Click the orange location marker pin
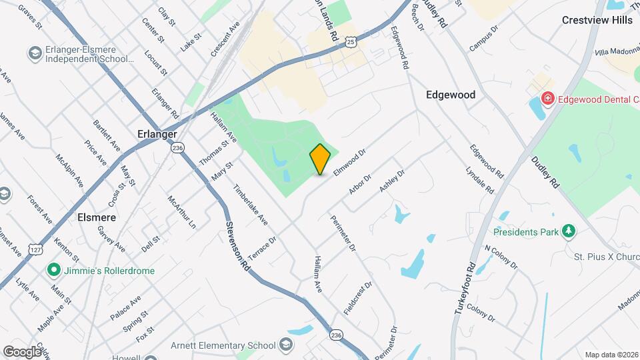[320, 159]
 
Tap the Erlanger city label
[158, 133]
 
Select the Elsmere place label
[97, 217]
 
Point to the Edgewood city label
[451, 95]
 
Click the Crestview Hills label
[597, 20]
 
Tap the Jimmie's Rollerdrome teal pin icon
[53, 271]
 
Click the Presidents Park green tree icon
[569, 231]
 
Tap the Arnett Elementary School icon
[286, 345]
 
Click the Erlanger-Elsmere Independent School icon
[33, 52]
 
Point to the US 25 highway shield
[351, 42]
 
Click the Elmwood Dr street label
[351, 162]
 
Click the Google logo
[23, 351]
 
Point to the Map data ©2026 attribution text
[611, 355]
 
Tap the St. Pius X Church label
[607, 256]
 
